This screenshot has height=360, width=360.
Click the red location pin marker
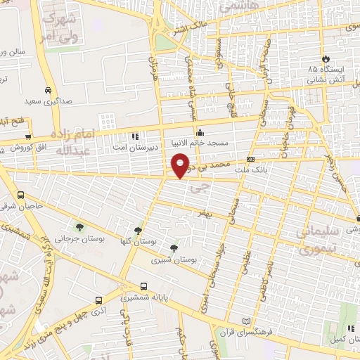point(181,165)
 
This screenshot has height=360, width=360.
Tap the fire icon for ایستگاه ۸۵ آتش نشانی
point(325,59)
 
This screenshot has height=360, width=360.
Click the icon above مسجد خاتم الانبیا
point(200,131)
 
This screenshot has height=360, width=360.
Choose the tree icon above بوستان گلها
point(138,230)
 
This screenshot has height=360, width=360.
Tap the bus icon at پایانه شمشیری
point(144,286)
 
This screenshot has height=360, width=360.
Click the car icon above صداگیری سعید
point(46,91)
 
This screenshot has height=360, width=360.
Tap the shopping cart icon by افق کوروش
point(28,136)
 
